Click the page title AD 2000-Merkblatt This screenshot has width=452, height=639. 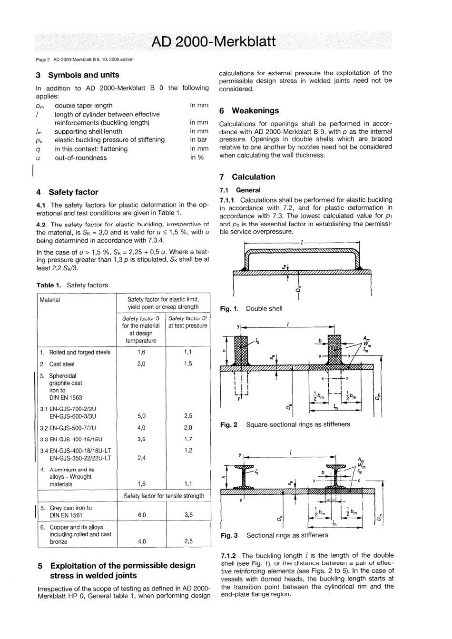pos(213,42)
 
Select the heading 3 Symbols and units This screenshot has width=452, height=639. pos(78,75)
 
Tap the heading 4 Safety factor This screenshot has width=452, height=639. pos(67,192)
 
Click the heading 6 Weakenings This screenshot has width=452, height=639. pos(249,111)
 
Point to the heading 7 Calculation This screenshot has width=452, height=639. pos(247,177)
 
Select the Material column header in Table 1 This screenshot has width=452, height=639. pos(50,300)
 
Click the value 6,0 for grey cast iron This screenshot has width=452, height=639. pos(141,515)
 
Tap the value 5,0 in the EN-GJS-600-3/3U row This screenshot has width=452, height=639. pos(141,416)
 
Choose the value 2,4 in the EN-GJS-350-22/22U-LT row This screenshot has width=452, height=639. pos(141,458)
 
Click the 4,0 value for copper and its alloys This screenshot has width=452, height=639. pos(141,541)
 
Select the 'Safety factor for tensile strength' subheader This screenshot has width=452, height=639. pos(164,496)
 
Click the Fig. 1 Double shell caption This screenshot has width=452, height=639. pos(251,309)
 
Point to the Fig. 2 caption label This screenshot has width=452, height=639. pos(228,424)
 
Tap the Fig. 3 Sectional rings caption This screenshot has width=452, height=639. pos(274,535)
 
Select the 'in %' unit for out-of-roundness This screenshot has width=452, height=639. pos(197,157)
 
